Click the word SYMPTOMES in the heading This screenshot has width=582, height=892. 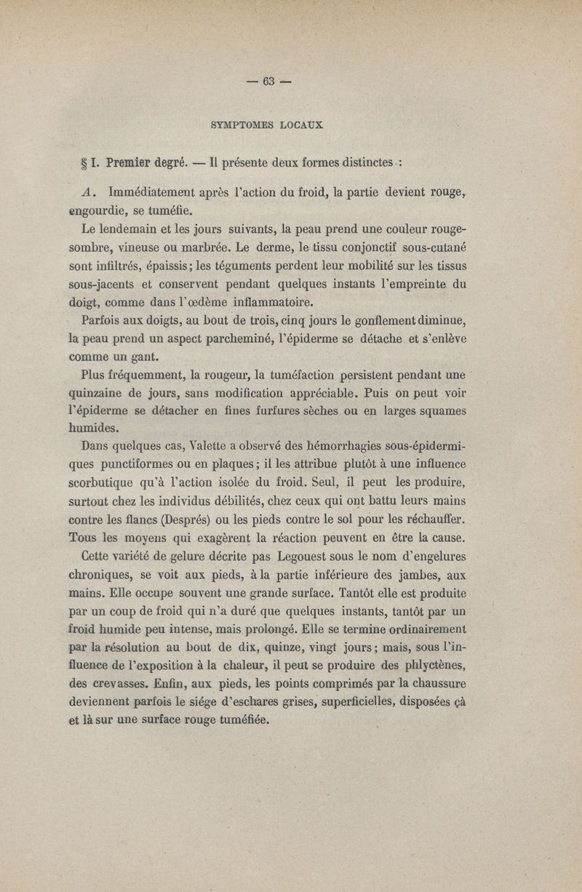point(226,124)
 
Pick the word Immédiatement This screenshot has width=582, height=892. point(154,194)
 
